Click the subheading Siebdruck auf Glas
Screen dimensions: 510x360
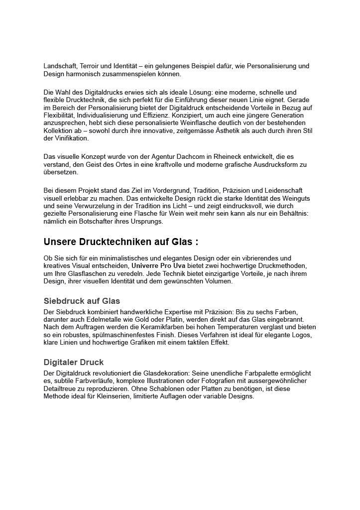point(82,301)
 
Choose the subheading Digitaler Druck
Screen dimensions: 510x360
point(74,362)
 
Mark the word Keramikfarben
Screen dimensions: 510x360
point(163,326)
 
